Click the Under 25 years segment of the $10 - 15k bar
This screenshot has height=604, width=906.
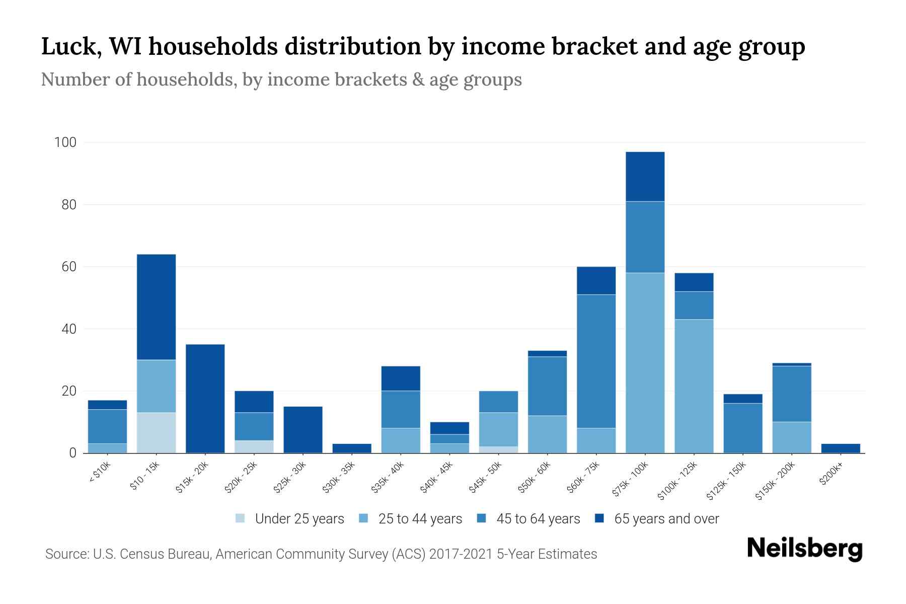pos(156,432)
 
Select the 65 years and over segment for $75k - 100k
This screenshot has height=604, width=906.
pos(645,176)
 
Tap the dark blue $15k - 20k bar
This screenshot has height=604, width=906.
pos(205,398)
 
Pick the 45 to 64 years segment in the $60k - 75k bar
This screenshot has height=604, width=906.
pos(596,361)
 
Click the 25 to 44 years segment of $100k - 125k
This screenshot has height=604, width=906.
pos(694,386)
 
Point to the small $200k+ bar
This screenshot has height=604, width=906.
pos(841,448)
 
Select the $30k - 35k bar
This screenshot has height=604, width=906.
pos(352,448)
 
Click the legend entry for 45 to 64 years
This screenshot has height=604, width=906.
pos(538,519)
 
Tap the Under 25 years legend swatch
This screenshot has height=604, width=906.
pos(240,518)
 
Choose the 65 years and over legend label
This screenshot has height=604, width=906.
pos(666,519)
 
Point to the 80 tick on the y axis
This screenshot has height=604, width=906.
pos(65,205)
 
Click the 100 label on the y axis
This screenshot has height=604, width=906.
pos(65,142)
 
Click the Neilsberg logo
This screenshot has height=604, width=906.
pos(804,549)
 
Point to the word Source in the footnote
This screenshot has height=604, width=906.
pos(66,554)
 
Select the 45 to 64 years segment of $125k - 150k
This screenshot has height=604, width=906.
pos(742,428)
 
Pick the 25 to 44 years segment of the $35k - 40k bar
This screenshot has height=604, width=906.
pos(401,440)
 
